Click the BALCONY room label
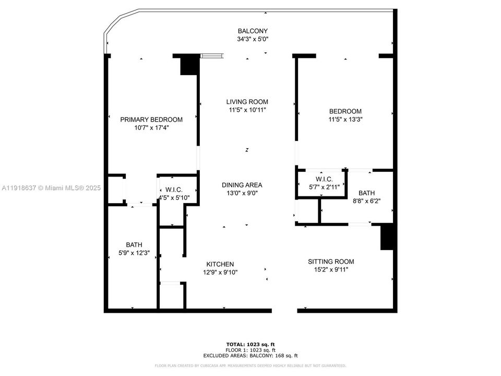pos(253,31)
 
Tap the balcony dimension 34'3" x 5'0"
pos(253,39)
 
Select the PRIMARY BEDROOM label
pos(151,120)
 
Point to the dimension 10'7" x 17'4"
pos(151,127)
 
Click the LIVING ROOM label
pos(247,102)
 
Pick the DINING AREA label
pos(242,185)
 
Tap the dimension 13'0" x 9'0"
pos(242,193)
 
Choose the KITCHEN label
pos(220,264)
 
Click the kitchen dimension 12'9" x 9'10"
pos(220,272)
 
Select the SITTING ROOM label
pos(330,262)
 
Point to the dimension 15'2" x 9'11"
pos(330,269)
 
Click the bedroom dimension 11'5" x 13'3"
pos(345,119)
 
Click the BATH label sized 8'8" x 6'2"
pos(366,193)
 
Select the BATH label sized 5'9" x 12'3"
pos(134,244)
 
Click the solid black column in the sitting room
pos(387,237)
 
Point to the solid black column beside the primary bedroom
pos(189,65)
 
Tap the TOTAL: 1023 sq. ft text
pos(250,344)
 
